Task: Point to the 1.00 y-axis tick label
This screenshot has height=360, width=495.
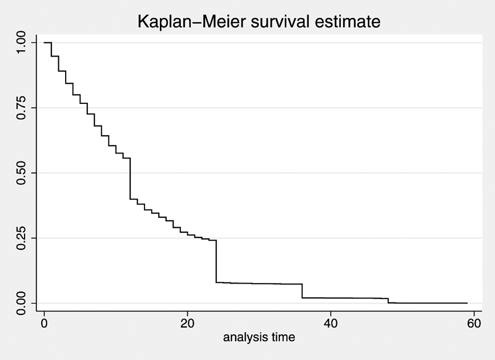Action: click(x=21, y=43)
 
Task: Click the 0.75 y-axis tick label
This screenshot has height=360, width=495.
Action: click(x=21, y=108)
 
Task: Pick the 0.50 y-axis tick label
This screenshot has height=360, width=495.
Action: click(x=21, y=173)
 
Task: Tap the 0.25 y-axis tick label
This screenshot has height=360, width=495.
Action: click(x=21, y=238)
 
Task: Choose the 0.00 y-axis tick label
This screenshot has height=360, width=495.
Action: click(x=21, y=303)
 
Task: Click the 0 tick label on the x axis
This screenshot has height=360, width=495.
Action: click(x=44, y=323)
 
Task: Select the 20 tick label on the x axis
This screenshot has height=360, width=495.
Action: click(x=187, y=323)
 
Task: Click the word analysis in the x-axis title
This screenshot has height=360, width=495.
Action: click(x=244, y=337)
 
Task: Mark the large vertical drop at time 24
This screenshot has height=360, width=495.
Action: click(x=216, y=261)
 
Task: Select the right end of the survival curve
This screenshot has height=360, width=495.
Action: click(x=467, y=303)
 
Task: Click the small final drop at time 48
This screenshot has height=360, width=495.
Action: click(x=388, y=301)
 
